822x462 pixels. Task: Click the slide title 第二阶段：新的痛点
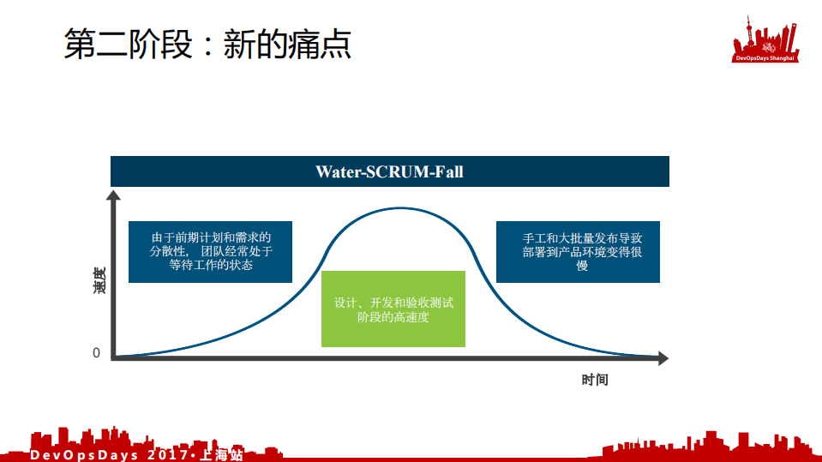click(207, 44)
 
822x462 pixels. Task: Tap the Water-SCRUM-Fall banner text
click(389, 171)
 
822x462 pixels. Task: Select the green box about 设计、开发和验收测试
click(393, 309)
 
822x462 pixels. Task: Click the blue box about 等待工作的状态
click(210, 252)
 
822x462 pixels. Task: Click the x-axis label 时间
click(594, 380)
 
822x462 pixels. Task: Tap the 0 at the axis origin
click(97, 353)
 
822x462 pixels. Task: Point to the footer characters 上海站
click(222, 454)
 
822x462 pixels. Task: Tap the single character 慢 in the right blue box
click(583, 267)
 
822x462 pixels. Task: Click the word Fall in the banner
click(448, 171)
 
